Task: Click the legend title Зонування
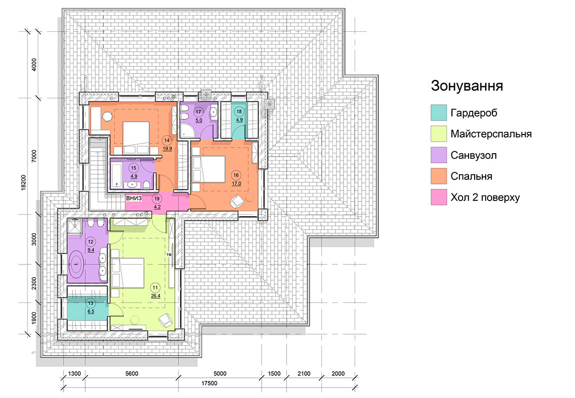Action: (467, 86)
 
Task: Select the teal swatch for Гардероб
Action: (439, 112)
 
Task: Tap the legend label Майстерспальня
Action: (491, 134)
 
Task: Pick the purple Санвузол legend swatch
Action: (439, 155)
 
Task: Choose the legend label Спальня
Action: (471, 176)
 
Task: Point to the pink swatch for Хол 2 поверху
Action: (439, 197)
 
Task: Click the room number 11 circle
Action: (155, 288)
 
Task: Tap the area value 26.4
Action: (155, 296)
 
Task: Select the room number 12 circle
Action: (91, 242)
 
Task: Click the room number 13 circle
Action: (91, 303)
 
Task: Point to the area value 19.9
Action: (167, 148)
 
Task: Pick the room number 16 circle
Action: (236, 175)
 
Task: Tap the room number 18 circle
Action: (239, 112)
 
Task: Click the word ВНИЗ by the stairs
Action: (134, 198)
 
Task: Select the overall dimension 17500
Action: (209, 383)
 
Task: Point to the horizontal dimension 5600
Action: (132, 373)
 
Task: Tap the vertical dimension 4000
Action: (34, 65)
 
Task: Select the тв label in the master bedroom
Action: (169, 254)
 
